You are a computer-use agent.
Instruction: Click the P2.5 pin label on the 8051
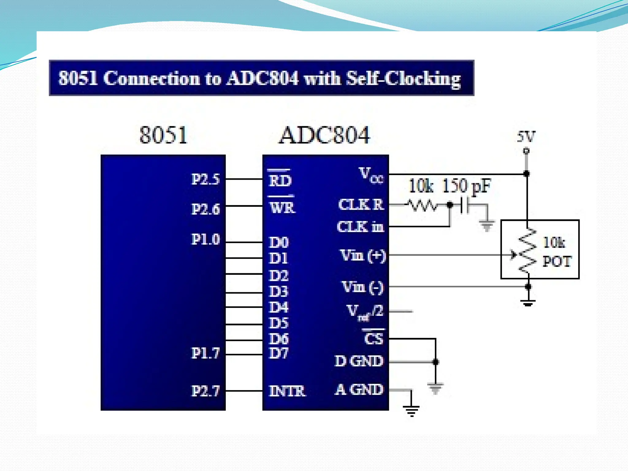(x=205, y=179)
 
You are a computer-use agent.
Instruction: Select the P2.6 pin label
(x=205, y=209)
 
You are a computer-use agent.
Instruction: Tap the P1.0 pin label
(x=205, y=239)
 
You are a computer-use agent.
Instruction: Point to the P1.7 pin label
(x=205, y=353)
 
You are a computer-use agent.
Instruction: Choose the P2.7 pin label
(x=205, y=391)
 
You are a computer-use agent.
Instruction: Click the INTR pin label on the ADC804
(x=287, y=391)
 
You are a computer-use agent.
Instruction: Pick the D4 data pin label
(x=278, y=307)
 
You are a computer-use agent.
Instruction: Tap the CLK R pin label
(x=361, y=205)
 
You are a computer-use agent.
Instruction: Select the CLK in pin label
(x=360, y=227)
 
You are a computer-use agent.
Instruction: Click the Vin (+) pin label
(x=363, y=255)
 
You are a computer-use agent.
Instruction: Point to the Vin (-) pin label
(x=363, y=287)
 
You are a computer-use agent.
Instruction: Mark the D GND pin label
(x=359, y=361)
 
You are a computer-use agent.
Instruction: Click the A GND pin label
(x=359, y=390)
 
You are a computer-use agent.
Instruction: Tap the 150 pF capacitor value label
(x=466, y=186)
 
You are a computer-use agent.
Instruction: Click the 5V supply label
(x=526, y=136)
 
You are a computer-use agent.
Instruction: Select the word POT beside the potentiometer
(x=557, y=262)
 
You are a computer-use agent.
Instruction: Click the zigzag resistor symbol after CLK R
(x=422, y=205)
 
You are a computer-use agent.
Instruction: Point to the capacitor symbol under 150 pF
(x=465, y=205)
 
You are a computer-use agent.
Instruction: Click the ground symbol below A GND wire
(x=411, y=410)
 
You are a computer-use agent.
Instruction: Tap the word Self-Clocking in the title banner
(x=403, y=78)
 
